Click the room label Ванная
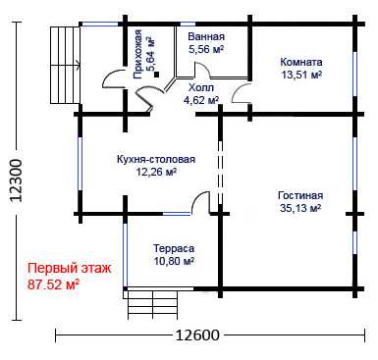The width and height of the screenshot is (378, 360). [x=206, y=36]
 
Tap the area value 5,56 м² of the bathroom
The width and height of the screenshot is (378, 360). [x=206, y=49]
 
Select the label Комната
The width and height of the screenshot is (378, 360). [x=301, y=62]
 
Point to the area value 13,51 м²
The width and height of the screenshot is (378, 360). [x=301, y=75]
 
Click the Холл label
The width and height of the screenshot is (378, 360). [x=201, y=87]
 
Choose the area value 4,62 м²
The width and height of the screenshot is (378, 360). [x=201, y=100]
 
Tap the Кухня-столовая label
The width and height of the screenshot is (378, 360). [x=156, y=159]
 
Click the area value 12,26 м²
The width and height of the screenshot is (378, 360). [x=157, y=172]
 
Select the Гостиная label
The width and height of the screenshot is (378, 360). [x=300, y=195]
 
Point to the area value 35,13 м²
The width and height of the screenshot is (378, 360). [x=300, y=208]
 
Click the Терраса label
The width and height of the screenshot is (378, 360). [x=174, y=248]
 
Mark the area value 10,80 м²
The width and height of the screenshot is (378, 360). [x=174, y=261]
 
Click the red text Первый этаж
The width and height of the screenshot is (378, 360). [x=70, y=269]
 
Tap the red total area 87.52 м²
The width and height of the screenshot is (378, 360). [x=53, y=284]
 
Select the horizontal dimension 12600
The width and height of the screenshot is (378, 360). [x=197, y=334]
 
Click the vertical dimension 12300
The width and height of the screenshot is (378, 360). [x=17, y=180]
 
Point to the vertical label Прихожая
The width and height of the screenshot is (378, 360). [x=137, y=54]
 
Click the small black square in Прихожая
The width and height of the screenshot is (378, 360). [x=156, y=75]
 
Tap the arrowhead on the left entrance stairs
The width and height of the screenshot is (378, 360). [x=79, y=66]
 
